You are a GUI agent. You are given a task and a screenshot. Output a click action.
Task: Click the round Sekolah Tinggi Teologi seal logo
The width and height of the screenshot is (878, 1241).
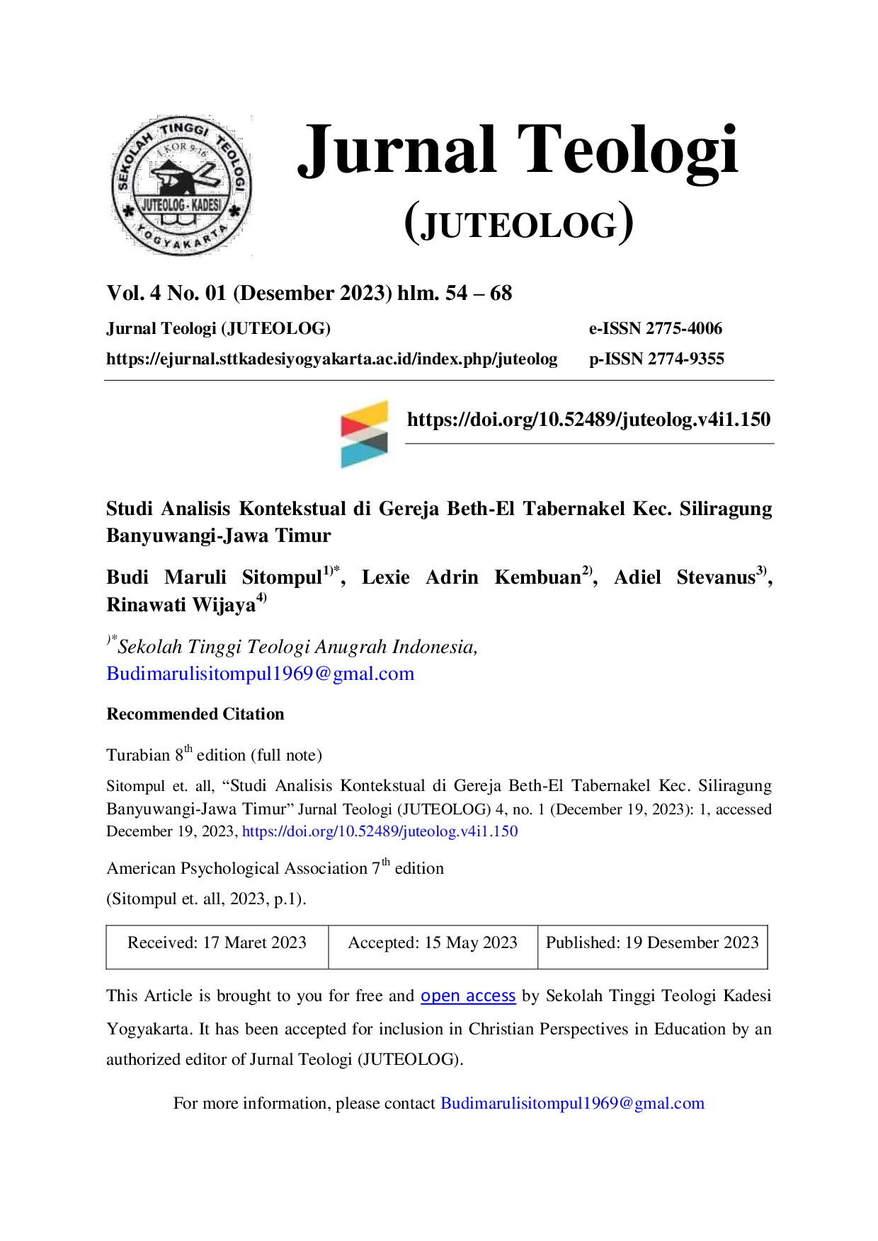point(181,185)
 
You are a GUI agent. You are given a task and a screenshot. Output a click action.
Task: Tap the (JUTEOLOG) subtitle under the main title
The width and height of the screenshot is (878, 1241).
point(519,223)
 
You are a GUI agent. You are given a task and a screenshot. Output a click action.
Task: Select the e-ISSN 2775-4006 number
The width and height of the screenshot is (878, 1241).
point(656,328)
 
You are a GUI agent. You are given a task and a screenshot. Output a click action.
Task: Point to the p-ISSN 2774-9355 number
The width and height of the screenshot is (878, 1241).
point(656,359)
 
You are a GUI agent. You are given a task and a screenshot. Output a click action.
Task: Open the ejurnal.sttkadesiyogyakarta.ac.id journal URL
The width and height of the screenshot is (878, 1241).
point(332,359)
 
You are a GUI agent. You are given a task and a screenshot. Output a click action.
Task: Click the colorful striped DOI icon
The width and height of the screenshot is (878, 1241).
point(365,434)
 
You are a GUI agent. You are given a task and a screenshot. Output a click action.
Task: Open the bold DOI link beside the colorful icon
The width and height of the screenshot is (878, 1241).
point(588,420)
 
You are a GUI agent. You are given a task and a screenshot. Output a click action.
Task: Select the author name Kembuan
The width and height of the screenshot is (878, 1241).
point(538,577)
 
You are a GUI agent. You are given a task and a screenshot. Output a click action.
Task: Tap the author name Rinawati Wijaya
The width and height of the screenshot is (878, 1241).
point(181,605)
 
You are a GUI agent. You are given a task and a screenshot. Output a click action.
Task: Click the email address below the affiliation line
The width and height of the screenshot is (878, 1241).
point(261,674)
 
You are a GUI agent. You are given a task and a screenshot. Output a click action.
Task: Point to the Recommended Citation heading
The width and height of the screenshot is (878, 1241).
point(195,714)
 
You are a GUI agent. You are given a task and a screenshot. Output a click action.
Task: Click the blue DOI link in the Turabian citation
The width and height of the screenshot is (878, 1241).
point(380,831)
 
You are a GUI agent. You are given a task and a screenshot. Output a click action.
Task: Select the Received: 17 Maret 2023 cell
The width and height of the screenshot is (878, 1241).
point(217,947)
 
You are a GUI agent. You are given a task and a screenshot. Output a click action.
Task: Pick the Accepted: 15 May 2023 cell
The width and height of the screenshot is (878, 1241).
point(433,947)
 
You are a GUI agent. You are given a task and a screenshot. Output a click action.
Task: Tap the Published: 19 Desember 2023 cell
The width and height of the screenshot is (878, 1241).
point(652,947)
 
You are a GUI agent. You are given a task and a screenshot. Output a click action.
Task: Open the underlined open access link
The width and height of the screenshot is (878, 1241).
point(468,996)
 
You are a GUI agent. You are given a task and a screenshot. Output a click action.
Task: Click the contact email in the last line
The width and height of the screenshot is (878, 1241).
point(572,1104)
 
